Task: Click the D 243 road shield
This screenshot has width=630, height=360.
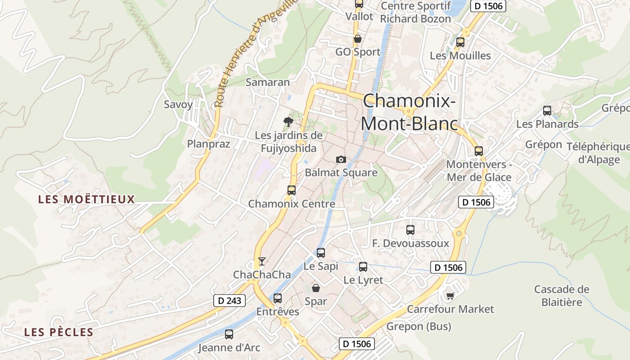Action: pos(229,301)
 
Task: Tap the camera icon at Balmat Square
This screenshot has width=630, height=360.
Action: pos(341,159)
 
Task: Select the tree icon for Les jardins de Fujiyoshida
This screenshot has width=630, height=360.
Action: pos(288,121)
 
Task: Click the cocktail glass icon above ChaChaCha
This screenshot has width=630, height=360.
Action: pos(261,261)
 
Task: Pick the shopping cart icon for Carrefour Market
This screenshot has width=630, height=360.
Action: pos(450,296)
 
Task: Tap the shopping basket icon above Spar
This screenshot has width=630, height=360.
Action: pos(316,288)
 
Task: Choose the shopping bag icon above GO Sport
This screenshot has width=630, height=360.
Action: pos(358,39)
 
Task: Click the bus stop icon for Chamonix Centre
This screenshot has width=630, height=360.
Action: pos(292,190)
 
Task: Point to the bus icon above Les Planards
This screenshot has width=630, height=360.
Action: pos(547,110)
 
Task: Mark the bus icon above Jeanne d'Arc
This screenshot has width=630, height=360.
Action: pos(229,334)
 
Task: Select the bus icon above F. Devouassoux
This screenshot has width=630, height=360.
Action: pos(410,229)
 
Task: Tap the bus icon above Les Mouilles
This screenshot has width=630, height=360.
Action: pos(460,42)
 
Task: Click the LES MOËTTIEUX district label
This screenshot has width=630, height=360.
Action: pos(86,199)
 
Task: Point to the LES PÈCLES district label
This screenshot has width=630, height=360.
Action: pos(58,333)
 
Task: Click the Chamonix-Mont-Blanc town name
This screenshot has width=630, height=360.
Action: pos(409,112)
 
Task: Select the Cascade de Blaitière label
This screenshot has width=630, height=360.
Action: pos(562,295)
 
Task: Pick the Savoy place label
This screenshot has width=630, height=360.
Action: pos(178,104)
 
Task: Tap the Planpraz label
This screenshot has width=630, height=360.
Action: pos(208,144)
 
